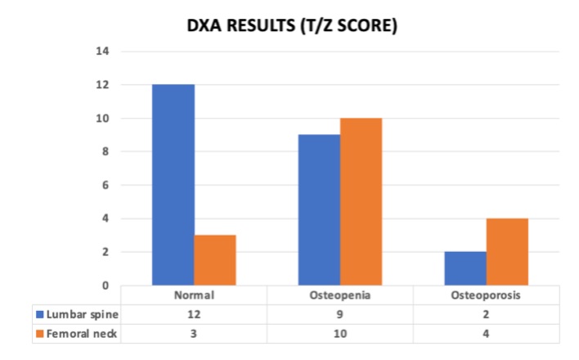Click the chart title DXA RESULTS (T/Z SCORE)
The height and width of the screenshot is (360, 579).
click(292, 26)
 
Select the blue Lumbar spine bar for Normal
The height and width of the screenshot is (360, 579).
click(173, 185)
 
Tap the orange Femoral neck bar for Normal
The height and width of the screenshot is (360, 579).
click(215, 260)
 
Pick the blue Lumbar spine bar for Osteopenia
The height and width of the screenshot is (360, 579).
click(319, 210)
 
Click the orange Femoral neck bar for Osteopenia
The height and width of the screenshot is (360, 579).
click(361, 202)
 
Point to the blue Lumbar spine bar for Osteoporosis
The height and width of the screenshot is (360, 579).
click(465, 268)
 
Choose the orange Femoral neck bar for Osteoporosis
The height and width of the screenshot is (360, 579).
click(507, 252)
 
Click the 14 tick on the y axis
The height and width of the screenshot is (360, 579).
click(102, 51)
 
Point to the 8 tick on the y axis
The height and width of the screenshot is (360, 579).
click(105, 151)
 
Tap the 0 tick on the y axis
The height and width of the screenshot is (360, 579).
click(105, 286)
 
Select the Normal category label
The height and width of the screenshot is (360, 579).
click(194, 295)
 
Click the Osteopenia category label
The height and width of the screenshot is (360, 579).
click(340, 295)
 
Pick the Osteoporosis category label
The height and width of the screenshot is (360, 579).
click(486, 295)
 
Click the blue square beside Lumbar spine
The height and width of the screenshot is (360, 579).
click(39, 314)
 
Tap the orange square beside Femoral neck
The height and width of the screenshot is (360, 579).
click(39, 334)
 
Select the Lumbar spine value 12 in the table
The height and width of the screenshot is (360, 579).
click(194, 314)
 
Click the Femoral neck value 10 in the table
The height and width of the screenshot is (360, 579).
click(340, 334)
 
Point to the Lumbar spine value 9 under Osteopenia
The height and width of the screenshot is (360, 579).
click(339, 314)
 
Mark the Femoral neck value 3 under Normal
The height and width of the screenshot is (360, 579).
click(194, 334)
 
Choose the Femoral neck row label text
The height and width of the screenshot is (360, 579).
click(82, 334)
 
